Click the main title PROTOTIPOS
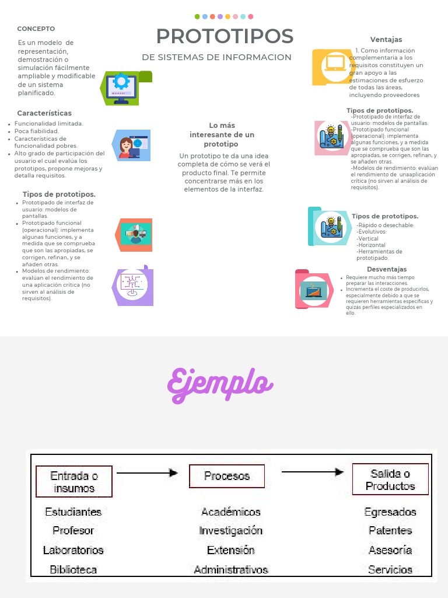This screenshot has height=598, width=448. point(225,36)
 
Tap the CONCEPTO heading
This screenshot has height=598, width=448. point(36,29)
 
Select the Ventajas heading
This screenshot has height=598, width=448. point(386,40)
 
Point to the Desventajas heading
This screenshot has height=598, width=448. point(387,269)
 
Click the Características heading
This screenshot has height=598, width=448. point(44,113)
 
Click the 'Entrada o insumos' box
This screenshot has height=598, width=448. point(74,481)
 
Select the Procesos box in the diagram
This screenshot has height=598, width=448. point(227,476)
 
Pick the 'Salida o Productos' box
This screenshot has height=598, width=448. point(390,479)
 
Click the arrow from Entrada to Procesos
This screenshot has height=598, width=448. point(148,472)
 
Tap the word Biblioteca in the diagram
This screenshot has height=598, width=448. point(73,569)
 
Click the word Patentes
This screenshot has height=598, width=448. point(390,530)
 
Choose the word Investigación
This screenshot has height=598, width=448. point(231,530)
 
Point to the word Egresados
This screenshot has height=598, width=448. point(390,512)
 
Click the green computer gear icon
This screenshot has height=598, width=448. point(125,88)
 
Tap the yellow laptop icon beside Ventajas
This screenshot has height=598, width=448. point(332,67)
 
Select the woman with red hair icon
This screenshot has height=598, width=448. point(130,145)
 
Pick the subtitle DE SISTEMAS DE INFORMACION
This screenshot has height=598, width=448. point(216,57)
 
